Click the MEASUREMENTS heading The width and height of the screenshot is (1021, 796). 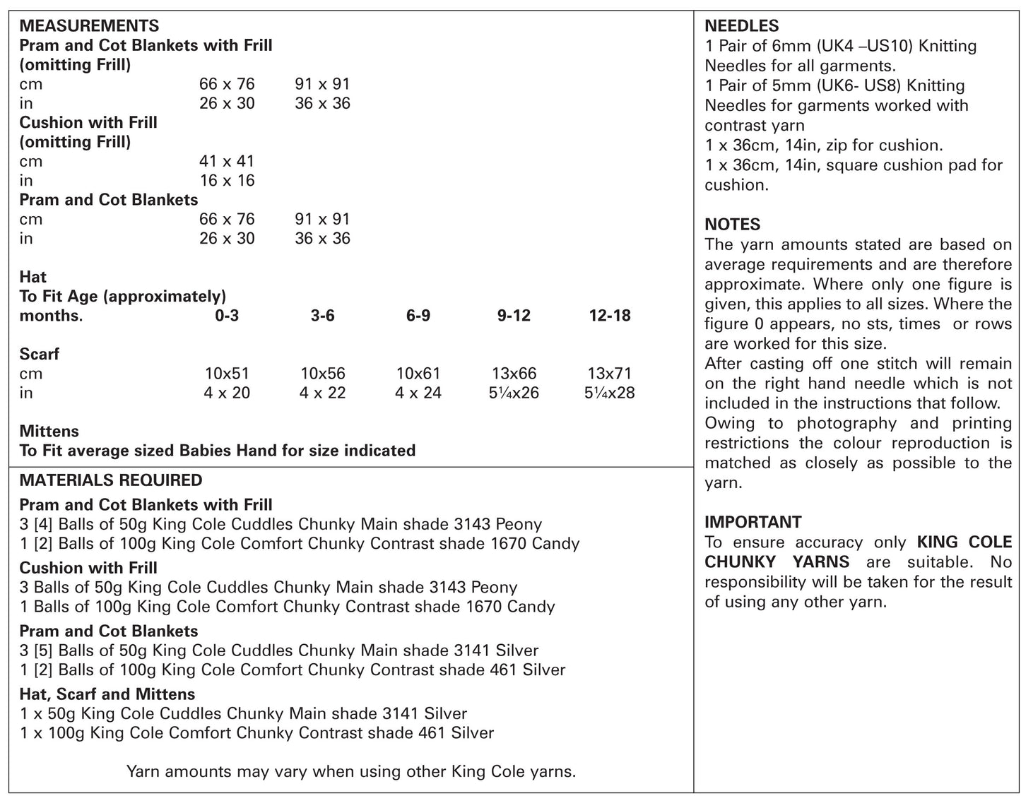click(x=89, y=26)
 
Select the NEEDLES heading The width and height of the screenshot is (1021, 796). click(x=741, y=26)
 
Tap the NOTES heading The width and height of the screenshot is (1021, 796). click(x=732, y=225)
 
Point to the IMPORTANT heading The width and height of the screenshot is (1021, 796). click(x=753, y=522)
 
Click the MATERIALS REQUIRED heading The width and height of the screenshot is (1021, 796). click(x=111, y=480)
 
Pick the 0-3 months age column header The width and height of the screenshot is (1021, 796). click(x=227, y=316)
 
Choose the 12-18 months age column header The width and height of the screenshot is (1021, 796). click(x=609, y=316)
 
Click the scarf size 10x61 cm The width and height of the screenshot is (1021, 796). click(x=418, y=374)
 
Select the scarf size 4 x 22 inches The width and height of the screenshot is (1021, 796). click(x=322, y=393)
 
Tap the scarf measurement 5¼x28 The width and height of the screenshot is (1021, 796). click(x=609, y=393)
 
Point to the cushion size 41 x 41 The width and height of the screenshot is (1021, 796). click(x=227, y=161)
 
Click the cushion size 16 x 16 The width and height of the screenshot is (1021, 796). click(x=227, y=181)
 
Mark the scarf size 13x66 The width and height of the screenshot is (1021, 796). click(x=514, y=374)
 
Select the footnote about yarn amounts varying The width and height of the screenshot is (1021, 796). click(x=350, y=771)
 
